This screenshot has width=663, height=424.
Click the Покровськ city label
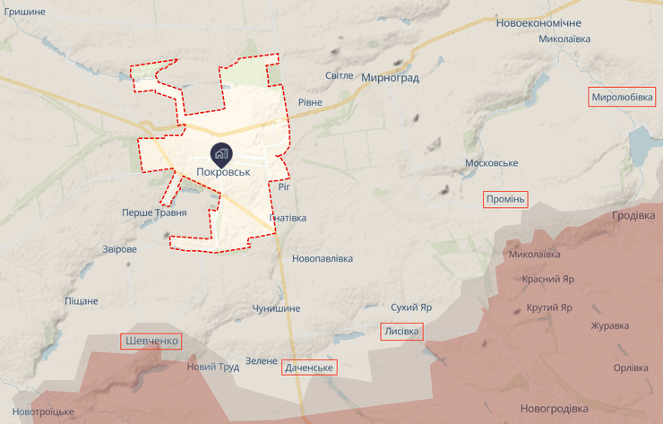pos(222,172)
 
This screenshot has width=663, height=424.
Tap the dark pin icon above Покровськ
pos(221,153)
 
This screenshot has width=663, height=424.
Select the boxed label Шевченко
pos(151,341)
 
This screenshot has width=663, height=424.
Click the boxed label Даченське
pos(309,368)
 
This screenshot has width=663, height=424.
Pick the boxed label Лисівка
pos(401,332)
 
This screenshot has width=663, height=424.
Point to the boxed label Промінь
pos(505,199)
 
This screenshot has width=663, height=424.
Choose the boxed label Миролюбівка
pos(622,97)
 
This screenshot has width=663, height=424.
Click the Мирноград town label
pos(390,78)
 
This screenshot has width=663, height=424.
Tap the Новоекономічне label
pos(538,22)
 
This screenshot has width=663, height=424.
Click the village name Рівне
pos(310,102)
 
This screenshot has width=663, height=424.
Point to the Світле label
pos(339,75)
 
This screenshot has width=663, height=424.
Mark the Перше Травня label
pos(154,212)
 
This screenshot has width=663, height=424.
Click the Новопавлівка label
pos(323,258)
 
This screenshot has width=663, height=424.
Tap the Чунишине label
pos(276,307)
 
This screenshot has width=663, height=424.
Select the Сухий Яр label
pos(412,307)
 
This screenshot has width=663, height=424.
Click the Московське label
pos(492,163)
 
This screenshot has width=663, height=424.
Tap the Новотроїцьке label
pos(43,411)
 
